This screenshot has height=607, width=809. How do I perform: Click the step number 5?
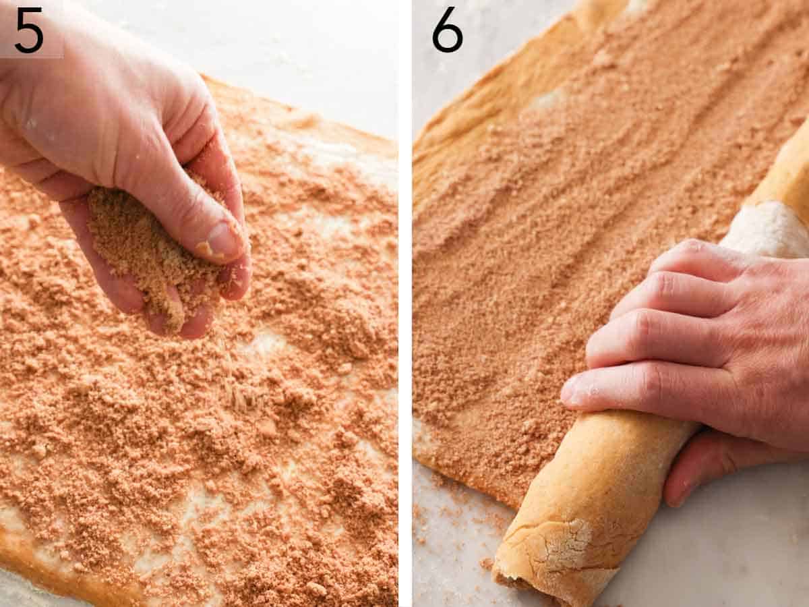click(x=28, y=30)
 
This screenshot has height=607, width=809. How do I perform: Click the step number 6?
click(x=447, y=30)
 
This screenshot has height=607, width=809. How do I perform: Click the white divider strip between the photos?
click(x=404, y=303)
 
